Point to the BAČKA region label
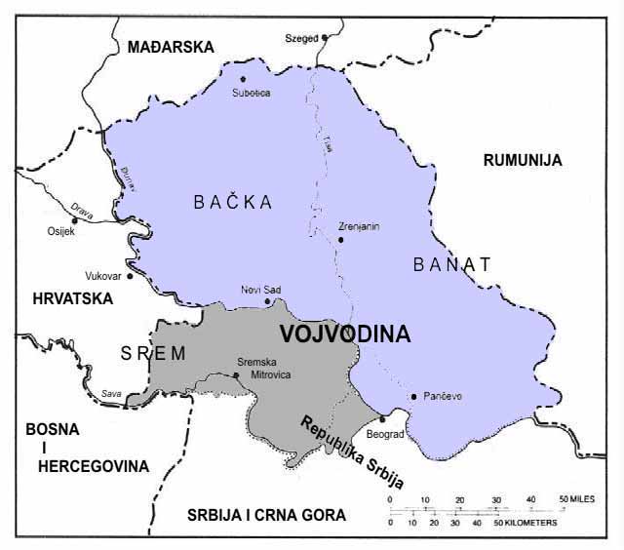(232, 202)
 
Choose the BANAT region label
(452, 263)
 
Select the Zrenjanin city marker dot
(340, 239)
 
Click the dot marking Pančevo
(413, 396)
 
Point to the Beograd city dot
(382, 418)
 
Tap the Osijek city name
(60, 232)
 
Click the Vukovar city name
(101, 276)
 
